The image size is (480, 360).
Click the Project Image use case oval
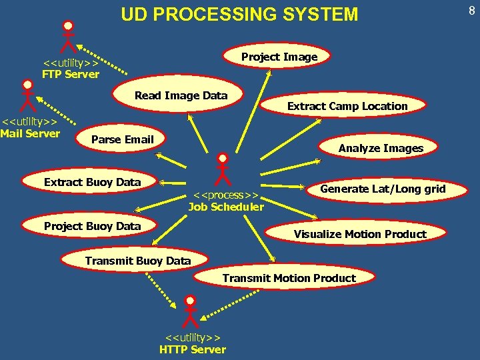pos(279,57)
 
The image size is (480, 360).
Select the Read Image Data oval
pos(181,96)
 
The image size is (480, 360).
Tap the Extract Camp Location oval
pos(347,106)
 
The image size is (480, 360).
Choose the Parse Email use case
pos(122,139)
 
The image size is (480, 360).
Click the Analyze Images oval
pos(380,148)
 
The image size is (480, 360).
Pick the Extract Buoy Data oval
pos(92,182)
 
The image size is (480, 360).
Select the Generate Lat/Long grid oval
pos(382,189)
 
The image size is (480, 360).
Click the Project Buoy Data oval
pos(92,226)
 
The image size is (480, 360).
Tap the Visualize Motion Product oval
pos(359,234)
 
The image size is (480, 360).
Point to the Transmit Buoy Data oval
pos(137,261)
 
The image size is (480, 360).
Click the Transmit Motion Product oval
pos(289,278)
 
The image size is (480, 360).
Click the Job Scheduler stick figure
pos(223,169)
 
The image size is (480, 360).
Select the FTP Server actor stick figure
pos(67,36)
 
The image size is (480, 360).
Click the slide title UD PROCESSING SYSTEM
pos(239,14)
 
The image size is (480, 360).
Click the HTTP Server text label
pos(192,344)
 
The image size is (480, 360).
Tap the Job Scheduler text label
pos(226,201)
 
